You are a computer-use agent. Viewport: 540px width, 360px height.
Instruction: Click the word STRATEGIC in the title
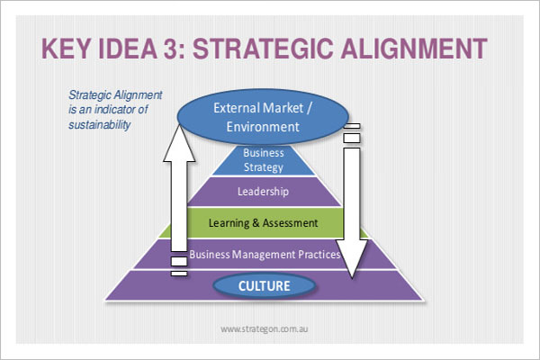[x=263, y=49]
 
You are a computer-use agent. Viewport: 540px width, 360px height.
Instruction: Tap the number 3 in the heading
[x=171, y=49]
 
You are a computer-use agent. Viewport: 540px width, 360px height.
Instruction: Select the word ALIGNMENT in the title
[x=414, y=49]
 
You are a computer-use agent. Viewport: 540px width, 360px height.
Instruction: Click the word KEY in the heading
[x=67, y=49]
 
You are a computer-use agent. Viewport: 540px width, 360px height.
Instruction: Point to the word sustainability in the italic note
[x=100, y=124]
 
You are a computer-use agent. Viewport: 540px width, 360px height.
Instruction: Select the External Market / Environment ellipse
[x=263, y=117]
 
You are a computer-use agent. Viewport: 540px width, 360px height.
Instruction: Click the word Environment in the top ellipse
[x=263, y=127]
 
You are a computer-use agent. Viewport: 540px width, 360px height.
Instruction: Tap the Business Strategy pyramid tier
[x=264, y=160]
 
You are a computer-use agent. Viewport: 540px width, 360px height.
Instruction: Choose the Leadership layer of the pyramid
[x=264, y=192]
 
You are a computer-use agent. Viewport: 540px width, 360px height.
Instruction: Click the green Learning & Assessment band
[x=264, y=223]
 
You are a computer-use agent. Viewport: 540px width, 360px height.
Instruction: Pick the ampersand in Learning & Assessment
[x=256, y=223]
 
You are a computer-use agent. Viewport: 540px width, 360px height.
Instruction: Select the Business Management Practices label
[x=265, y=255]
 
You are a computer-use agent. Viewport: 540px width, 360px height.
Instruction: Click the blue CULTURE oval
[x=264, y=286]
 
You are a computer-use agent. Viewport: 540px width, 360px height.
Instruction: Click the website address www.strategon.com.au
[x=264, y=329]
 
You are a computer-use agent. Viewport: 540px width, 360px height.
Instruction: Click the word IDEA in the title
[x=128, y=49]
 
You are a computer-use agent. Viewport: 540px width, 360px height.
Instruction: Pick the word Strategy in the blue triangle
[x=264, y=167]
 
